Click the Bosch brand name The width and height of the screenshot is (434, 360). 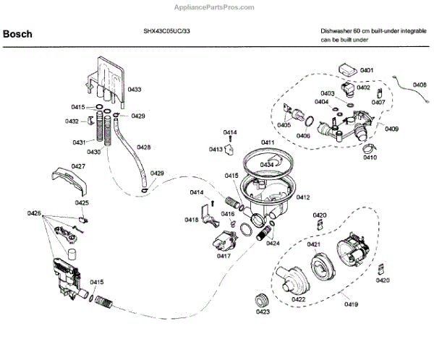(17, 33)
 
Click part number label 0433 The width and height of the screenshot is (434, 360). (135, 89)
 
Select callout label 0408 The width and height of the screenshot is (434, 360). (420, 85)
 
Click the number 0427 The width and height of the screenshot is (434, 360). (78, 166)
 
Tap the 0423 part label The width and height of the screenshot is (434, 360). (262, 312)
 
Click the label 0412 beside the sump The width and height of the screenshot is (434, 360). (303, 197)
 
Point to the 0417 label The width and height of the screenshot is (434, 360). (224, 256)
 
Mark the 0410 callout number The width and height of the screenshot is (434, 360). (369, 157)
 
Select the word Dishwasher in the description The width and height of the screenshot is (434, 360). (336, 32)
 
